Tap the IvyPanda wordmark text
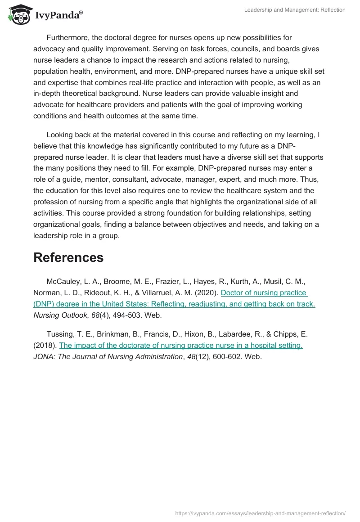coord(58,16)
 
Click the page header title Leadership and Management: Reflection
coord(295,10)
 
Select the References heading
coord(68,257)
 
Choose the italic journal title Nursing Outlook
coord(60,315)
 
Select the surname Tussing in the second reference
coord(60,334)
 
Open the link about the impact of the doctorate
coord(181,345)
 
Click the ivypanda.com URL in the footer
coord(260,513)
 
